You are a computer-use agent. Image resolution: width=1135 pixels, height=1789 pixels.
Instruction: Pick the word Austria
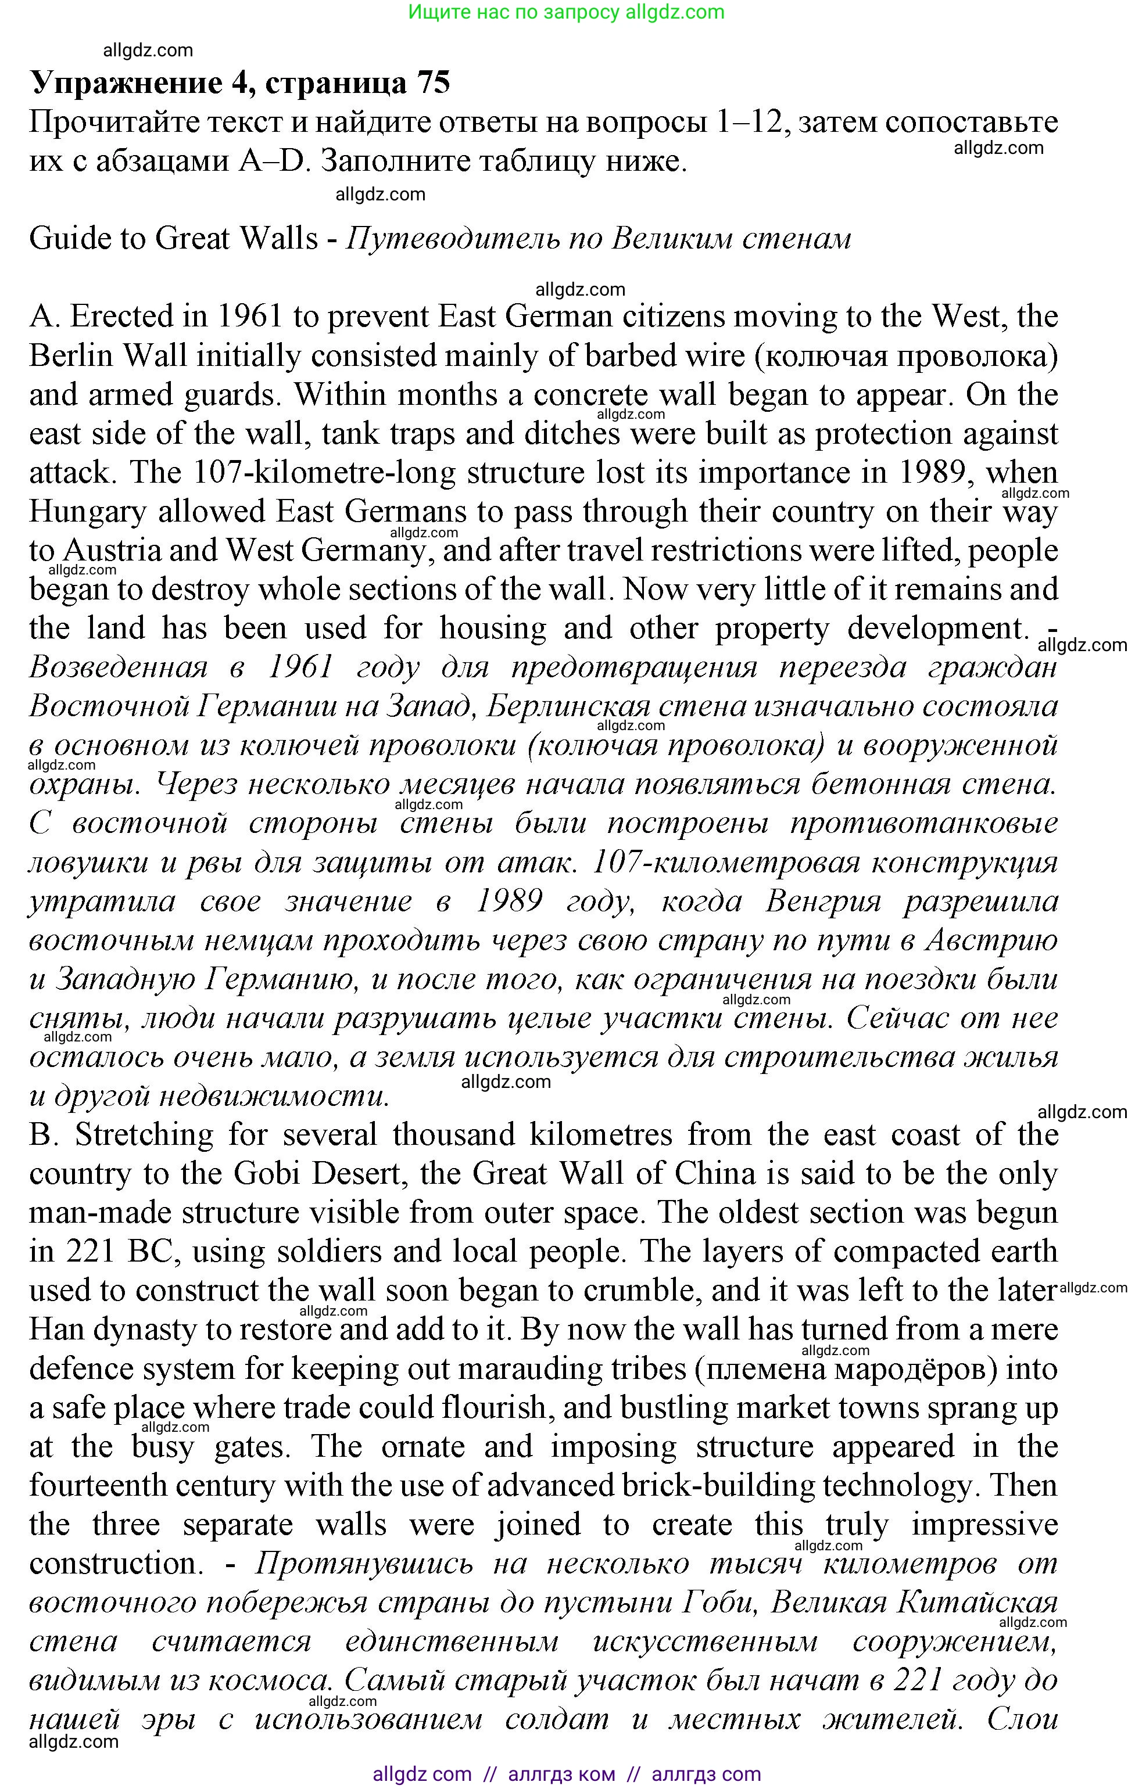pos(112,551)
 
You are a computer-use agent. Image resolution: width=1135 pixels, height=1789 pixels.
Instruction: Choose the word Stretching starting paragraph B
pos(144,1135)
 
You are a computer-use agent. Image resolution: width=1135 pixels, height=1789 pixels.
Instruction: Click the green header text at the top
pos(567,12)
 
